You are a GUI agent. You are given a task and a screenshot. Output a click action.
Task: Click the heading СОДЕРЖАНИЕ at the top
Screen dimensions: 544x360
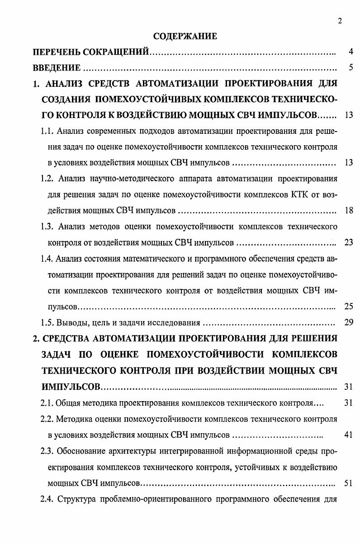coord(185,36)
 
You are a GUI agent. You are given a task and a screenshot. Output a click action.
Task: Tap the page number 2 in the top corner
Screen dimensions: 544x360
coord(340,20)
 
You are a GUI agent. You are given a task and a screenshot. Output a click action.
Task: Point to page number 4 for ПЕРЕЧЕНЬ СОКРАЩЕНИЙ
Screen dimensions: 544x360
coord(350,52)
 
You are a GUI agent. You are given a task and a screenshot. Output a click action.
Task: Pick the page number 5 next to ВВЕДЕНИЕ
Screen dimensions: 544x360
coord(350,68)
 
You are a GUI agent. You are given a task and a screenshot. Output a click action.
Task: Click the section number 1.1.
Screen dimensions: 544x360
coord(47,131)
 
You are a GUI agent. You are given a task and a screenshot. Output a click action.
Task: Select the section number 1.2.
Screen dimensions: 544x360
coord(47,179)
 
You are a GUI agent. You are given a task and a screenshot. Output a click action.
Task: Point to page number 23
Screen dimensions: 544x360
coord(348,242)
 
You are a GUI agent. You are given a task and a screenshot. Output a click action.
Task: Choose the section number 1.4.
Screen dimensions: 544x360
coord(47,259)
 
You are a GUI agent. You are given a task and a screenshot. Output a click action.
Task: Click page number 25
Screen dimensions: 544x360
coord(348,307)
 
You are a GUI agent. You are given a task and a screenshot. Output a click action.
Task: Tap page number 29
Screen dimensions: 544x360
coord(348,322)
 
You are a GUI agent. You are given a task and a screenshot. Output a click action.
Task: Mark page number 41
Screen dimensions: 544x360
coord(348,435)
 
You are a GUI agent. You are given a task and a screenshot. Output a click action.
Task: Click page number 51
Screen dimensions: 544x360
coord(348,483)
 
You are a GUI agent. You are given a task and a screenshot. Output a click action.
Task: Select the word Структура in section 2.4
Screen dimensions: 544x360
coord(76,499)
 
